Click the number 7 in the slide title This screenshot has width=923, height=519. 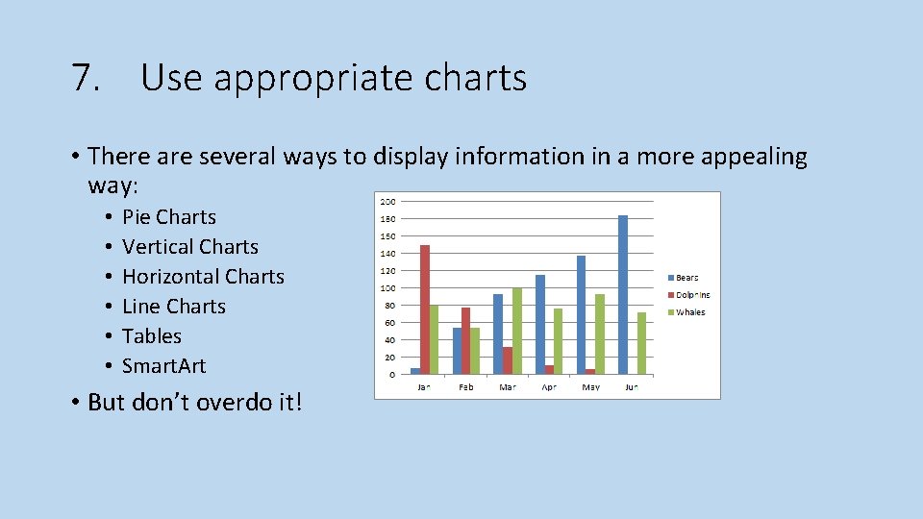(x=83, y=78)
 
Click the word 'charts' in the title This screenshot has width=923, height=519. (x=473, y=78)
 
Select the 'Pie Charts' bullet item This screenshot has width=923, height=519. (x=169, y=217)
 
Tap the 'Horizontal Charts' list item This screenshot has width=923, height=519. (x=203, y=277)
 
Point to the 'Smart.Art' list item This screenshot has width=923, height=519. (x=163, y=366)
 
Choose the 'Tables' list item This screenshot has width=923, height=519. (x=152, y=336)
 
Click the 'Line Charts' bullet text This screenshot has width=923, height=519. (x=174, y=307)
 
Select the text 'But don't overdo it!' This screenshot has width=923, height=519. (x=194, y=402)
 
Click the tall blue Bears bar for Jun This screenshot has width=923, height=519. (x=622, y=294)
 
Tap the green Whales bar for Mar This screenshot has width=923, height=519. (x=516, y=331)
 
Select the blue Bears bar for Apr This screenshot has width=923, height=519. (x=540, y=324)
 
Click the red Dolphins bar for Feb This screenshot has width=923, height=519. (x=465, y=340)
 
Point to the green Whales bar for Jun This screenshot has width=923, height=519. (x=641, y=343)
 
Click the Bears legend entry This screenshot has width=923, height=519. (x=686, y=278)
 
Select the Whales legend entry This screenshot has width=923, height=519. (x=689, y=312)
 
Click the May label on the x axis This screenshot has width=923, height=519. (x=590, y=387)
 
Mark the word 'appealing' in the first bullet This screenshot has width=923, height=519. (x=757, y=157)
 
